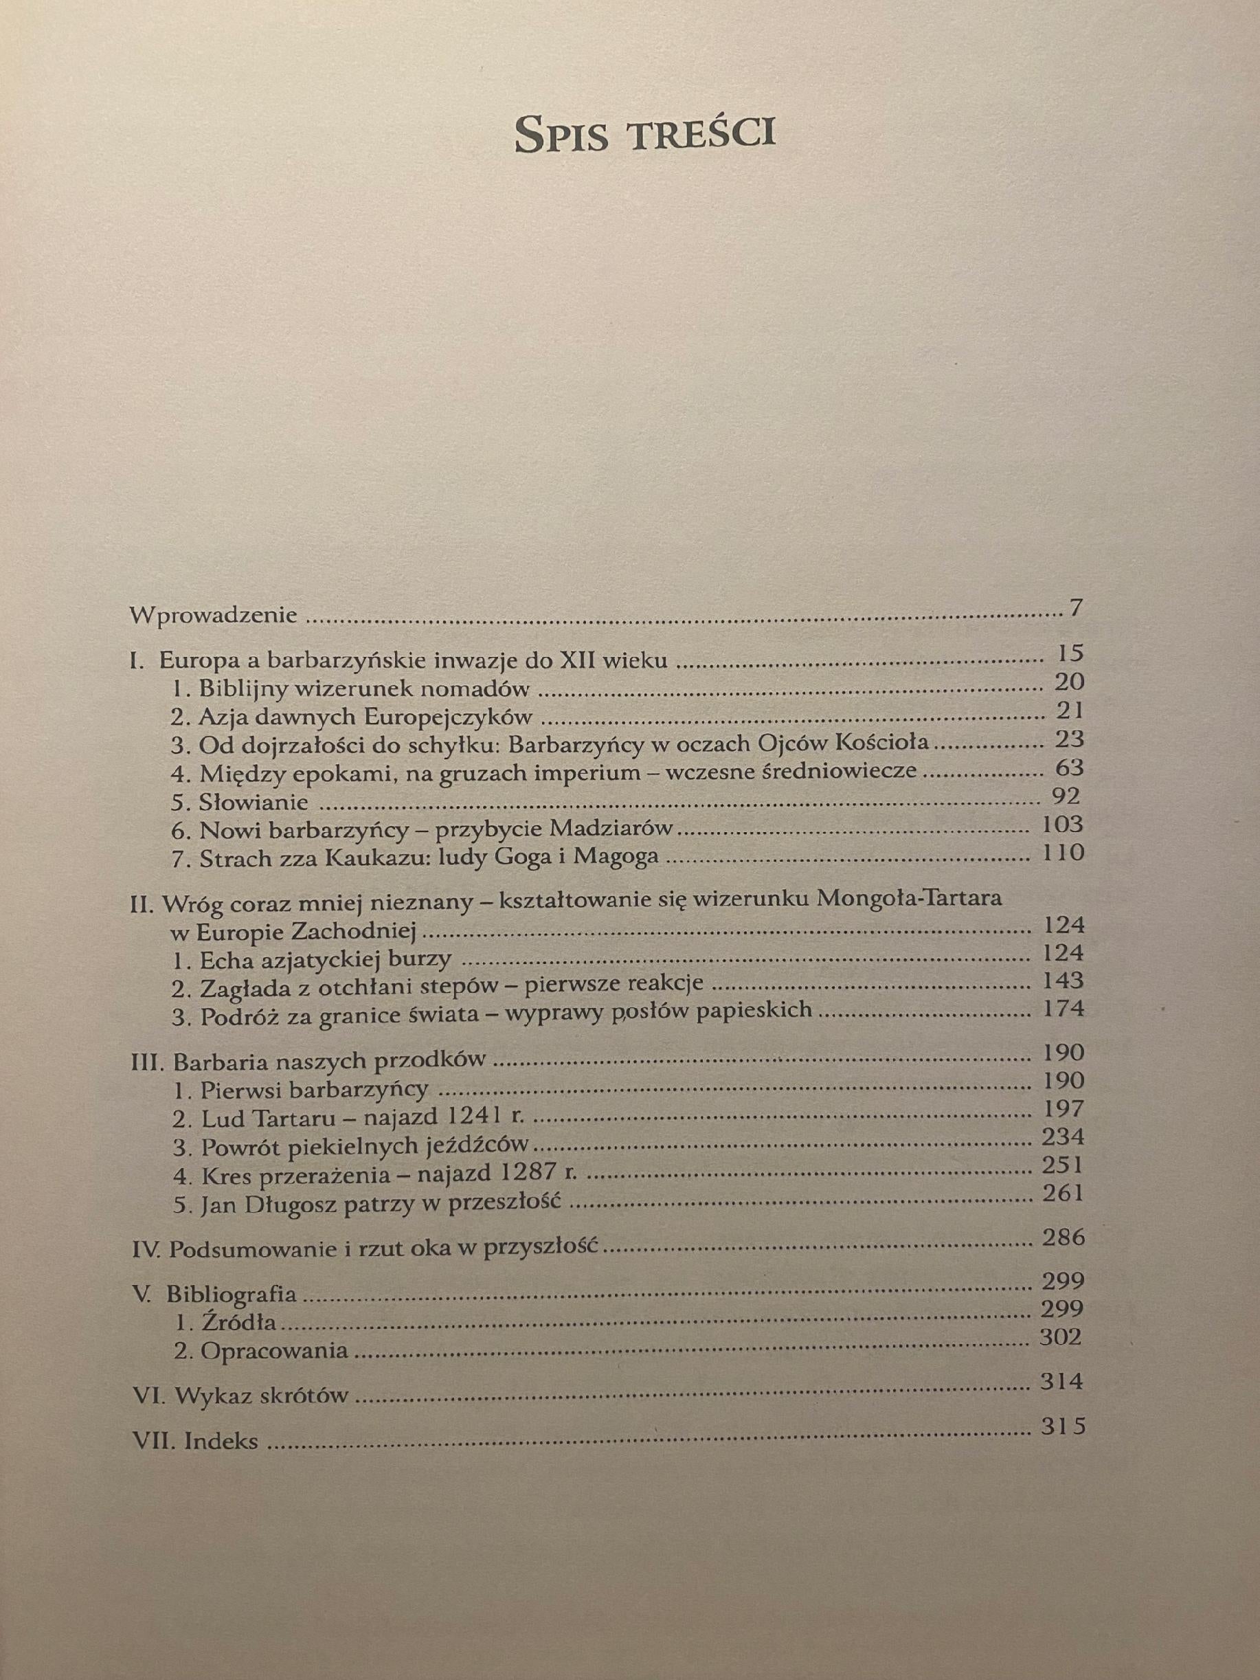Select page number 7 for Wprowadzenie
[x=1074, y=609]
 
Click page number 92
[x=1063, y=796]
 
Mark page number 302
[x=1059, y=1337]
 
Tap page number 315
[x=1064, y=1427]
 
